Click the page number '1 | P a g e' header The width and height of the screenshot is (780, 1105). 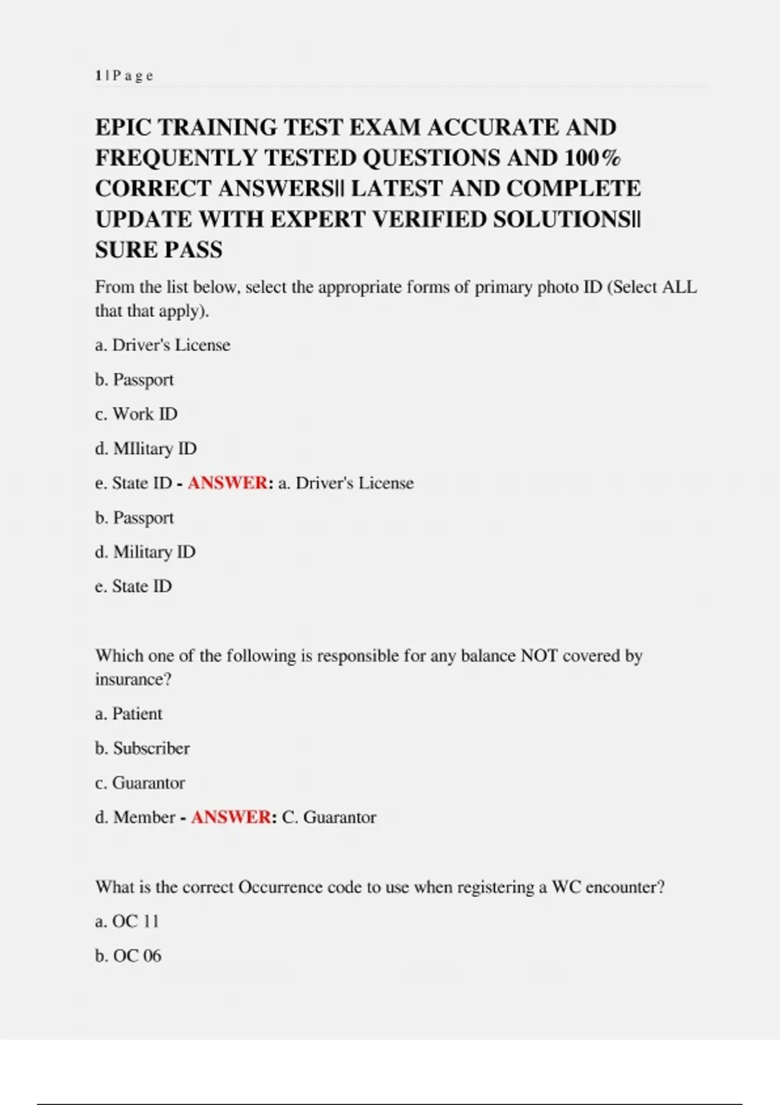click(x=124, y=76)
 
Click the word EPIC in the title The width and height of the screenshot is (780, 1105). click(x=123, y=127)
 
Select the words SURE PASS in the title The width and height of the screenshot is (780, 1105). click(x=159, y=250)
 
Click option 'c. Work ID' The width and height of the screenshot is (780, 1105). click(x=136, y=414)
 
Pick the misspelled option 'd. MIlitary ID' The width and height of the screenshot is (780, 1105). click(x=146, y=448)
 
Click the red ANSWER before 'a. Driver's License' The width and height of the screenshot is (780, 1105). click(x=227, y=483)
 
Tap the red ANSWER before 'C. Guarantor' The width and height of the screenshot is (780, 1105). click(x=231, y=817)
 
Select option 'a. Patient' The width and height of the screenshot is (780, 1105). click(x=129, y=714)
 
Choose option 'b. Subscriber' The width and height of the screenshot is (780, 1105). click(x=142, y=748)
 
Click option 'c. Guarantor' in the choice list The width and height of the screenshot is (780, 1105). click(x=140, y=783)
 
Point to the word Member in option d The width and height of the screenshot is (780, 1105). click(x=144, y=817)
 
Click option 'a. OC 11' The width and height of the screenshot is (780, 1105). click(x=127, y=921)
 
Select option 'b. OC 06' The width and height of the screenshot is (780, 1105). click(x=128, y=955)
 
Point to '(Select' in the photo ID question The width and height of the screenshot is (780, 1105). click(x=631, y=287)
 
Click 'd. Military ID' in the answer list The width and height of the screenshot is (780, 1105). click(x=145, y=552)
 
